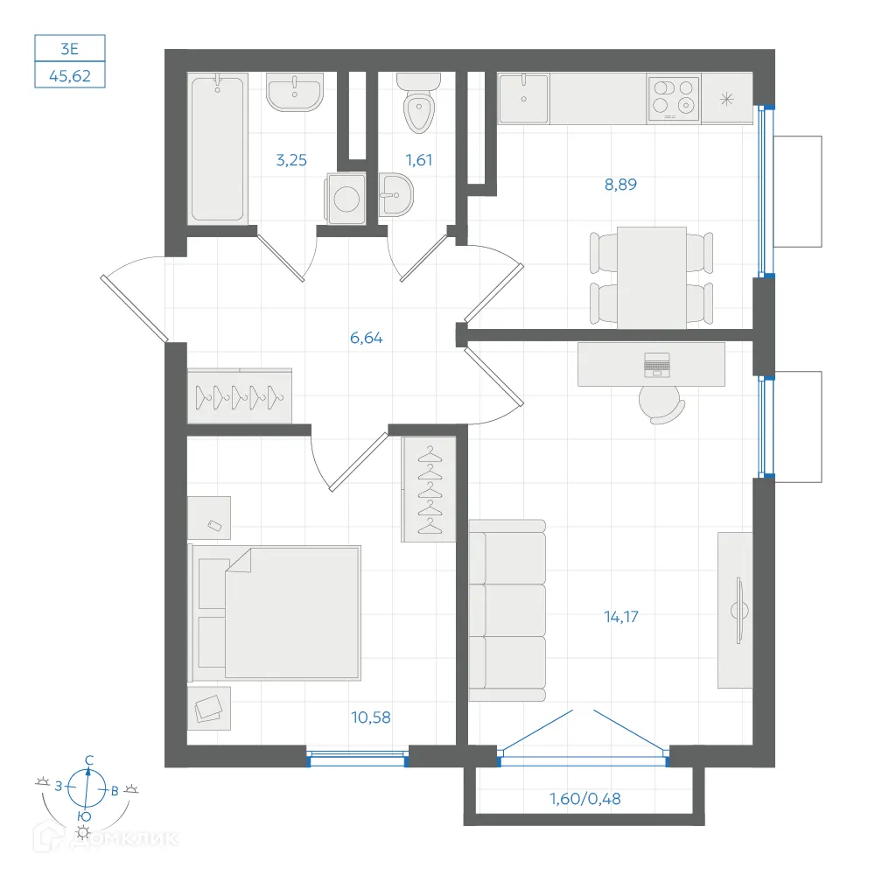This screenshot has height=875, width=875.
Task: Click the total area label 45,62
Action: coord(70,75)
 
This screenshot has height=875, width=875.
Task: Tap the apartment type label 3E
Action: coord(70,49)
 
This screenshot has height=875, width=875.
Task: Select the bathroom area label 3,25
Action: coord(291,160)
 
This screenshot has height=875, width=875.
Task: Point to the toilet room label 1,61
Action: coord(418,160)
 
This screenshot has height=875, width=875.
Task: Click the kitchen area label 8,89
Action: coord(620,184)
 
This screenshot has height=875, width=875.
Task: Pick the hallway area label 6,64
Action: coord(366,338)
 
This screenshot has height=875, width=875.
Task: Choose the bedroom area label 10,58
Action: coord(370,717)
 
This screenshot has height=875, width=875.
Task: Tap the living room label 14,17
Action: coord(621,617)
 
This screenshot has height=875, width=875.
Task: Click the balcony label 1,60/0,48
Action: coord(584,799)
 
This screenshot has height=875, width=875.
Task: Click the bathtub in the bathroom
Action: coord(218,149)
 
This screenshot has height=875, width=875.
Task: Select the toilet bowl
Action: coord(418,105)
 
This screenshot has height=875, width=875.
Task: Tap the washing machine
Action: coord(346,199)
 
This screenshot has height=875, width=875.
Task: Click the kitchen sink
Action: coord(523,98)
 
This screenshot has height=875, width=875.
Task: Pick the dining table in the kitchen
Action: coord(651,277)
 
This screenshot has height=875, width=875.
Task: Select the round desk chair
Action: coord(661,404)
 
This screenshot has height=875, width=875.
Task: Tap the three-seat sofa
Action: coord(507,611)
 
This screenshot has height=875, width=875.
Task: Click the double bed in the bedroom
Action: coord(274,613)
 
